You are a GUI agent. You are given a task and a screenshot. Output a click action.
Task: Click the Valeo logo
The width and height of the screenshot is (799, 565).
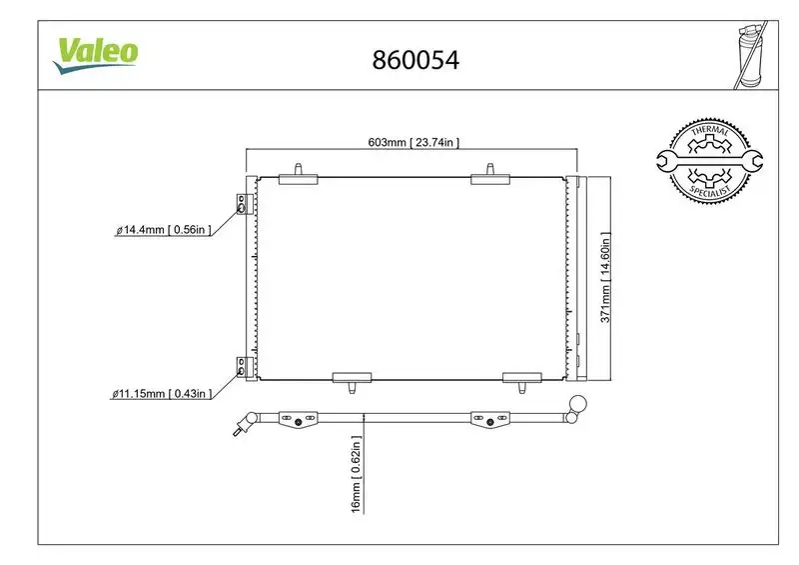pos(96,52)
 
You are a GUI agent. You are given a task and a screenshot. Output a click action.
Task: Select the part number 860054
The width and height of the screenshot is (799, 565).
pos(414,59)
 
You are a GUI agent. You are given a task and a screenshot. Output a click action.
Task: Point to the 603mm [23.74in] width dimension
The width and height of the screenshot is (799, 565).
pos(412,143)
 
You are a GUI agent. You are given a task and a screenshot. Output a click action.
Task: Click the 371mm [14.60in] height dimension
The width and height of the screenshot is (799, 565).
pos(603,277)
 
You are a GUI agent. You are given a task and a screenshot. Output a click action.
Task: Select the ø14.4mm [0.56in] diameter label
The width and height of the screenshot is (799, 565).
pos(164,231)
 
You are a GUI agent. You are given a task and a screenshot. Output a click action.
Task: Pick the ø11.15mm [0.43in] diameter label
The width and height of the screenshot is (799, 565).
pos(164,394)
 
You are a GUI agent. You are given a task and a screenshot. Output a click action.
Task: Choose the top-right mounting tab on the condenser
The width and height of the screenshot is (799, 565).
pos(491,174)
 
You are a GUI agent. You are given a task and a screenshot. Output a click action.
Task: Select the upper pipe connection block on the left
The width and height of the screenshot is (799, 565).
pos(240,205)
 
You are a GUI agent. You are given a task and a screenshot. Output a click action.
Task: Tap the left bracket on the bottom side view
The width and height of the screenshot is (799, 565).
pos(297,417)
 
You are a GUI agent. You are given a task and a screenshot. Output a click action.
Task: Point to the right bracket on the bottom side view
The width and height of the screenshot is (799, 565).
pos(488,417)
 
